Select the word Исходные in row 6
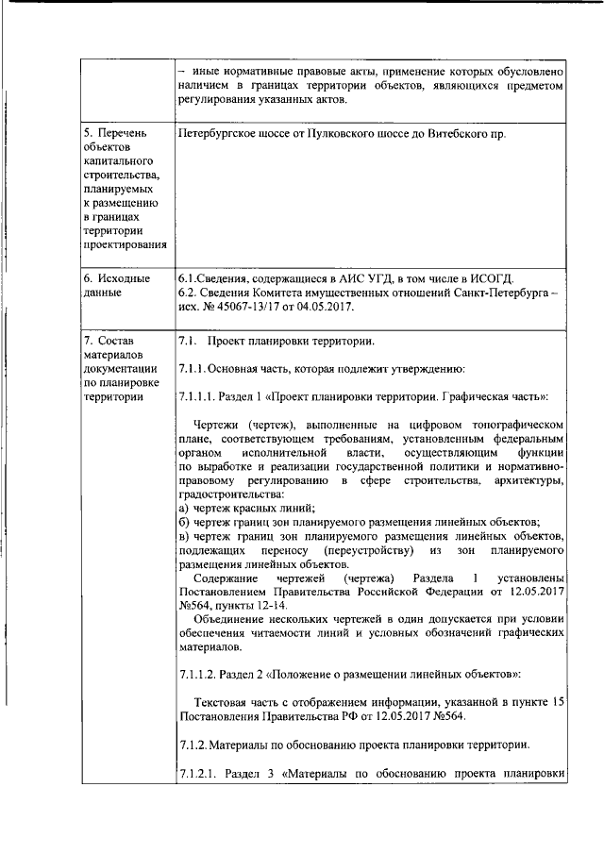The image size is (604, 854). coord(124,278)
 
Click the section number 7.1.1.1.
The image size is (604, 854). coord(199,396)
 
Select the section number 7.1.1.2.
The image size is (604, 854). coord(199,674)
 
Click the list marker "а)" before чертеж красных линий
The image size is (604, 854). coord(183,508)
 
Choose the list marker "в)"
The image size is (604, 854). coord(183,535)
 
